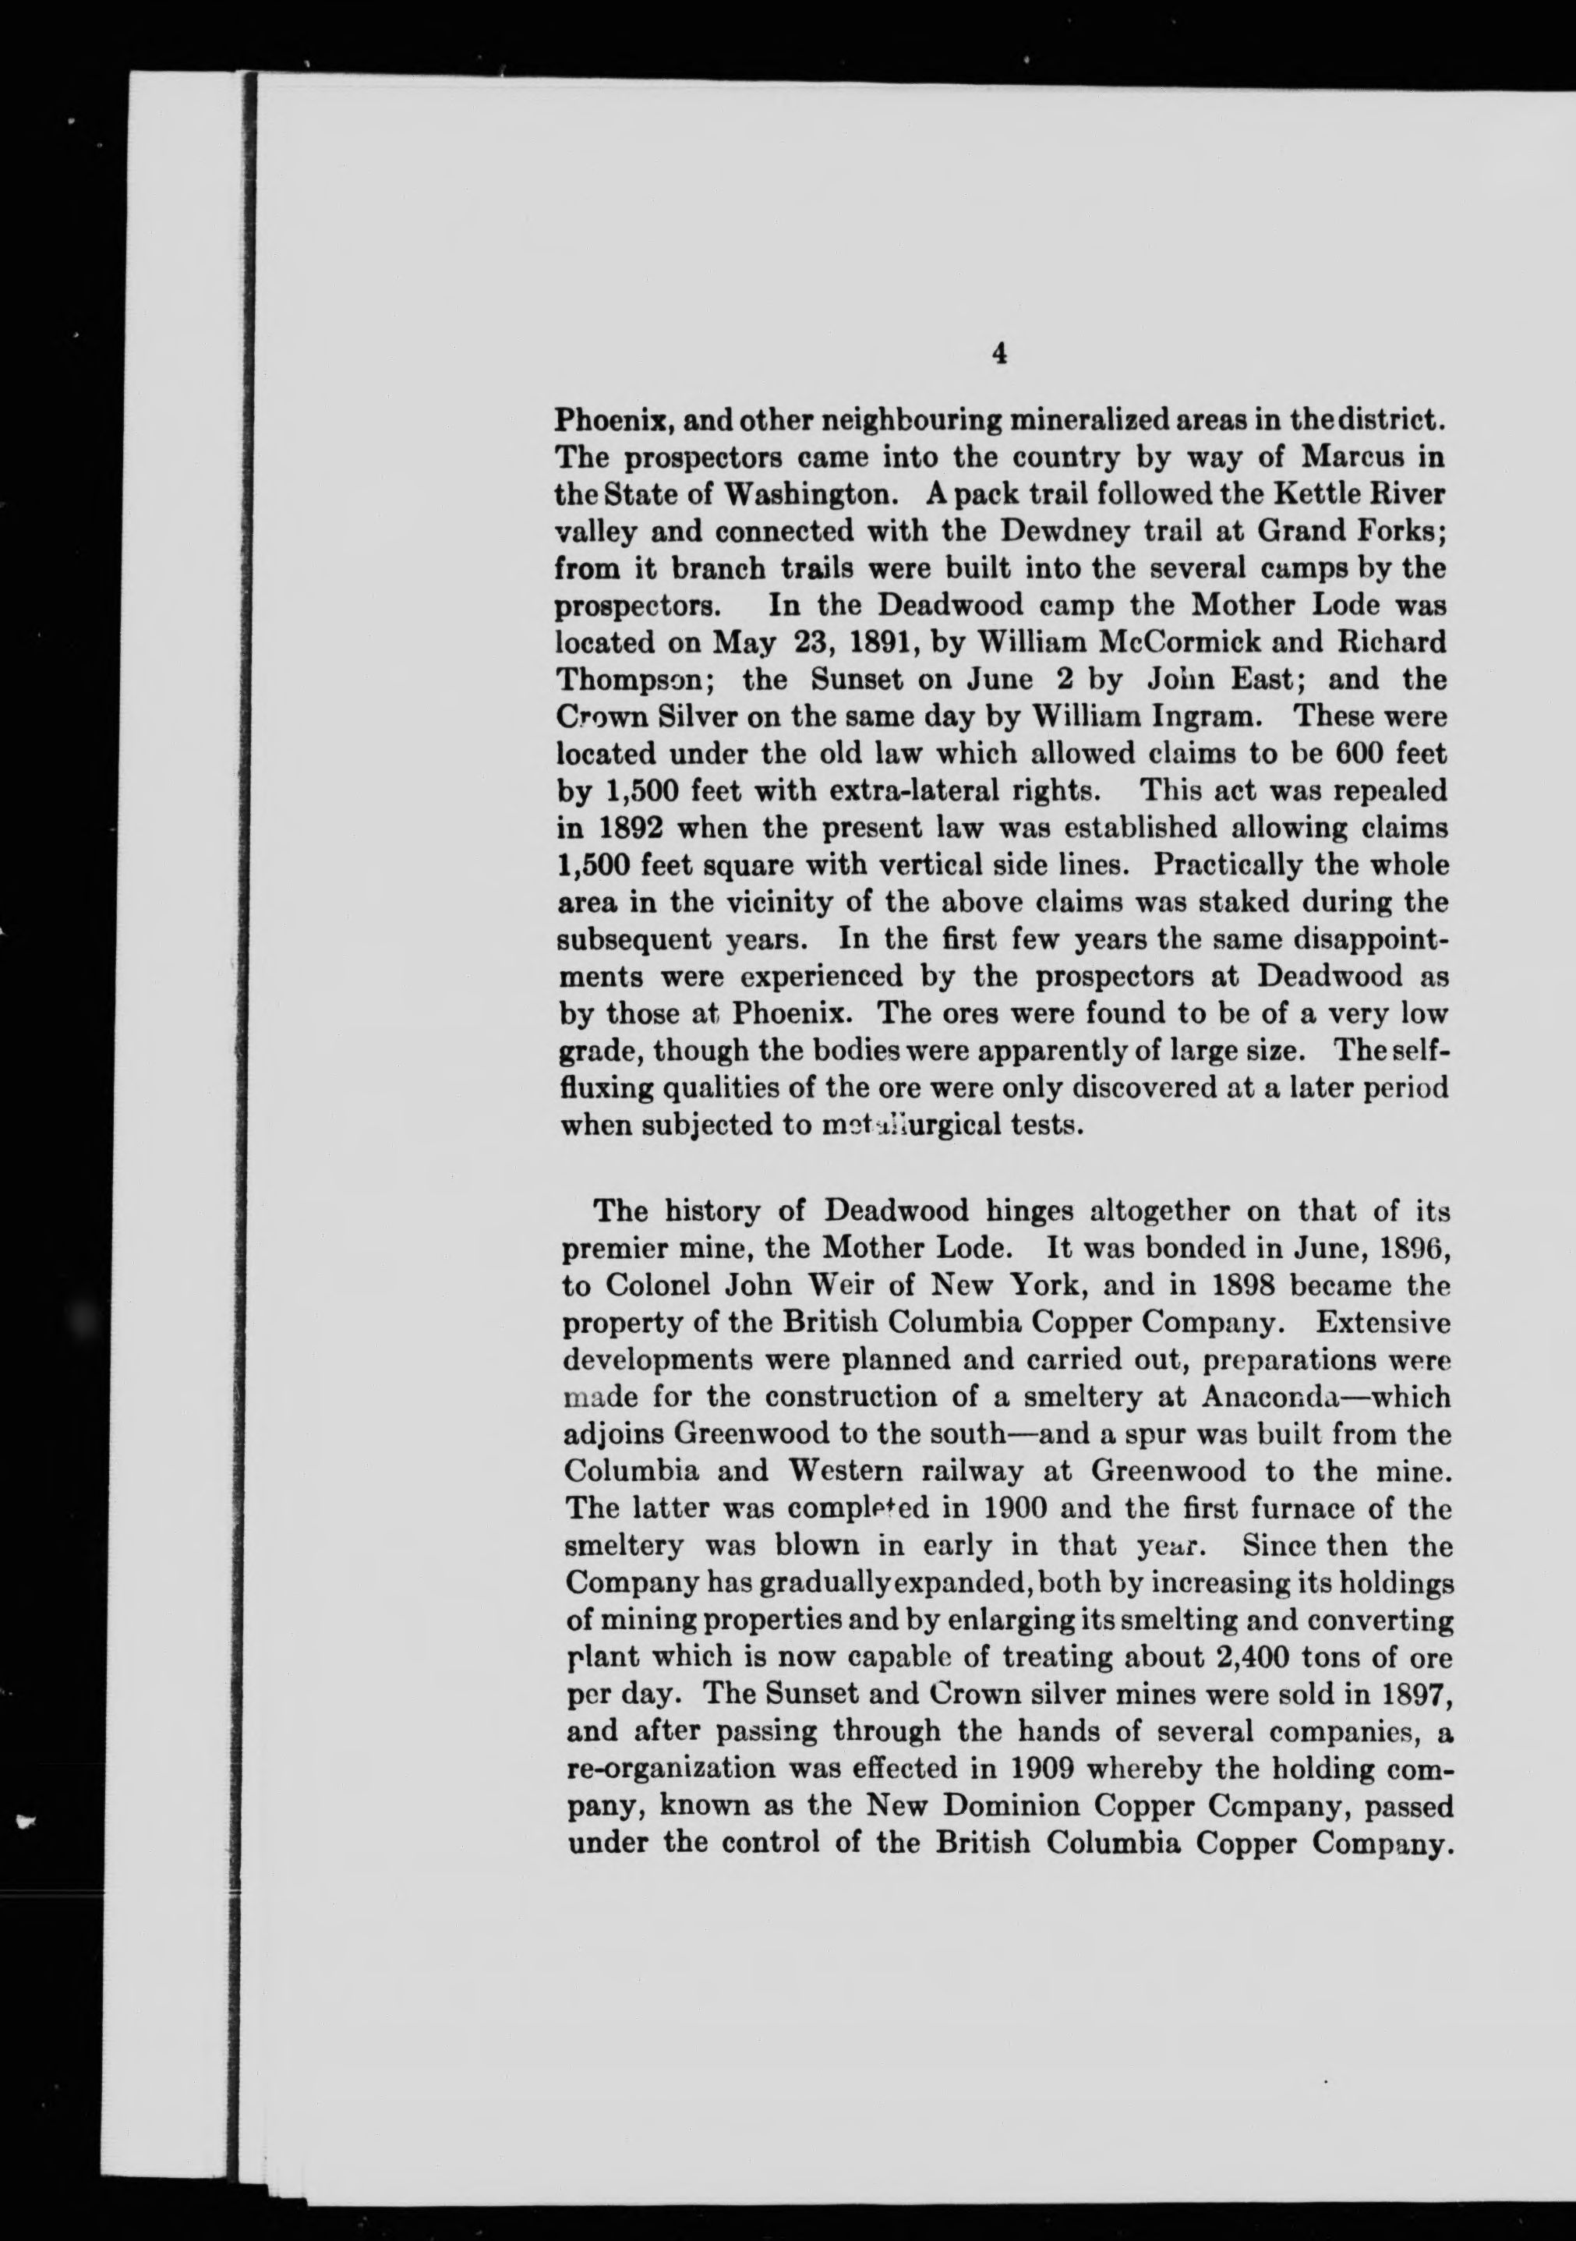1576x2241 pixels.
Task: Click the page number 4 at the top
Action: click(x=998, y=355)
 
